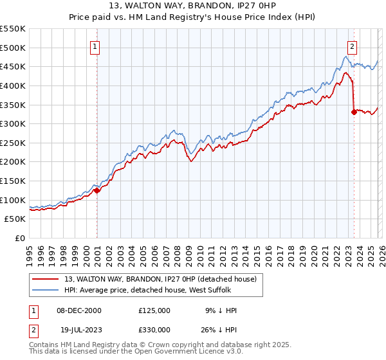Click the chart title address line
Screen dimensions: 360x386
tap(193, 6)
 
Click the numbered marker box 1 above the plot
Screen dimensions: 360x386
tap(95, 46)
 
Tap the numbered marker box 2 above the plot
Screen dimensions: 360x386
tap(353, 46)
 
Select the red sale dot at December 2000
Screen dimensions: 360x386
tap(96, 190)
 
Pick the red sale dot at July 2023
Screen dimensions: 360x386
tap(354, 112)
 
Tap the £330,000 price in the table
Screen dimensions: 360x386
tap(154, 328)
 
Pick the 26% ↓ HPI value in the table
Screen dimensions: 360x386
tap(221, 328)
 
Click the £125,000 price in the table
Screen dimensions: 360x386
tap(154, 310)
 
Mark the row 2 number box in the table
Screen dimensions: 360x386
tap(34, 328)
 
